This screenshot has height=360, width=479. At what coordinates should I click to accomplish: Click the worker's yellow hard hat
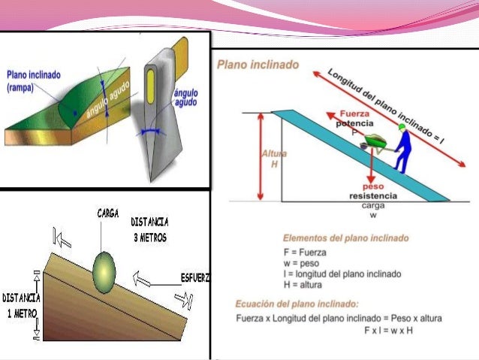pos(403,128)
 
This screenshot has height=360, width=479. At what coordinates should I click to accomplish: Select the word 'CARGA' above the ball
pos(108,213)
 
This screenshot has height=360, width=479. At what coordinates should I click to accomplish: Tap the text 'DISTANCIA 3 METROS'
pos(149,229)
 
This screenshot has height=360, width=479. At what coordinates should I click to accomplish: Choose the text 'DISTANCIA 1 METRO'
pos(21,304)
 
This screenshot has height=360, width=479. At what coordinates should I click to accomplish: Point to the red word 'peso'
pos(373,186)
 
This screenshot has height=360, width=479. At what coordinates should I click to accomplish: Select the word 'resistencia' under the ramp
pos(373,195)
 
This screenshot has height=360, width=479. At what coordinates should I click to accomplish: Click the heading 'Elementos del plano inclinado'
pos(345,238)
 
